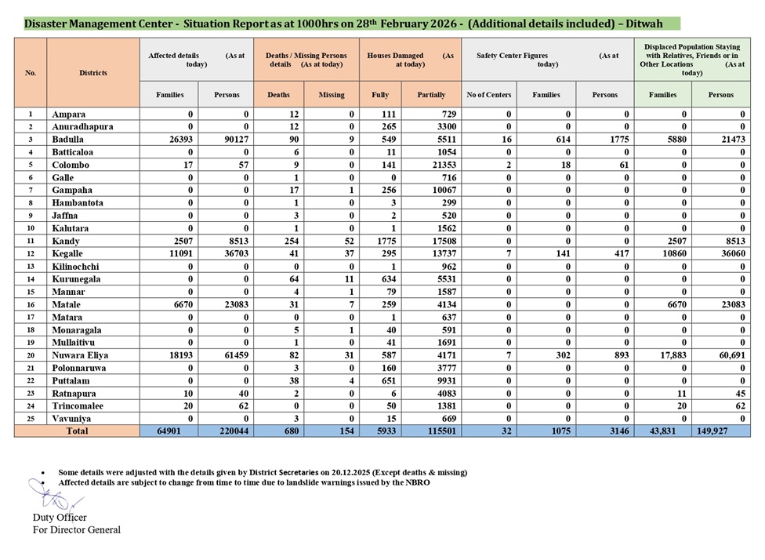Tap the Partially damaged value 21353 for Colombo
(x=431, y=165)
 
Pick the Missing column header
(x=331, y=95)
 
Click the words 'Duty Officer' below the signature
(x=60, y=518)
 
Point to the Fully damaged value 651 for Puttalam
(x=379, y=381)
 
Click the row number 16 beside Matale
(x=31, y=305)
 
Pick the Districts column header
(x=92, y=73)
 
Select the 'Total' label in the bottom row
(x=77, y=431)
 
